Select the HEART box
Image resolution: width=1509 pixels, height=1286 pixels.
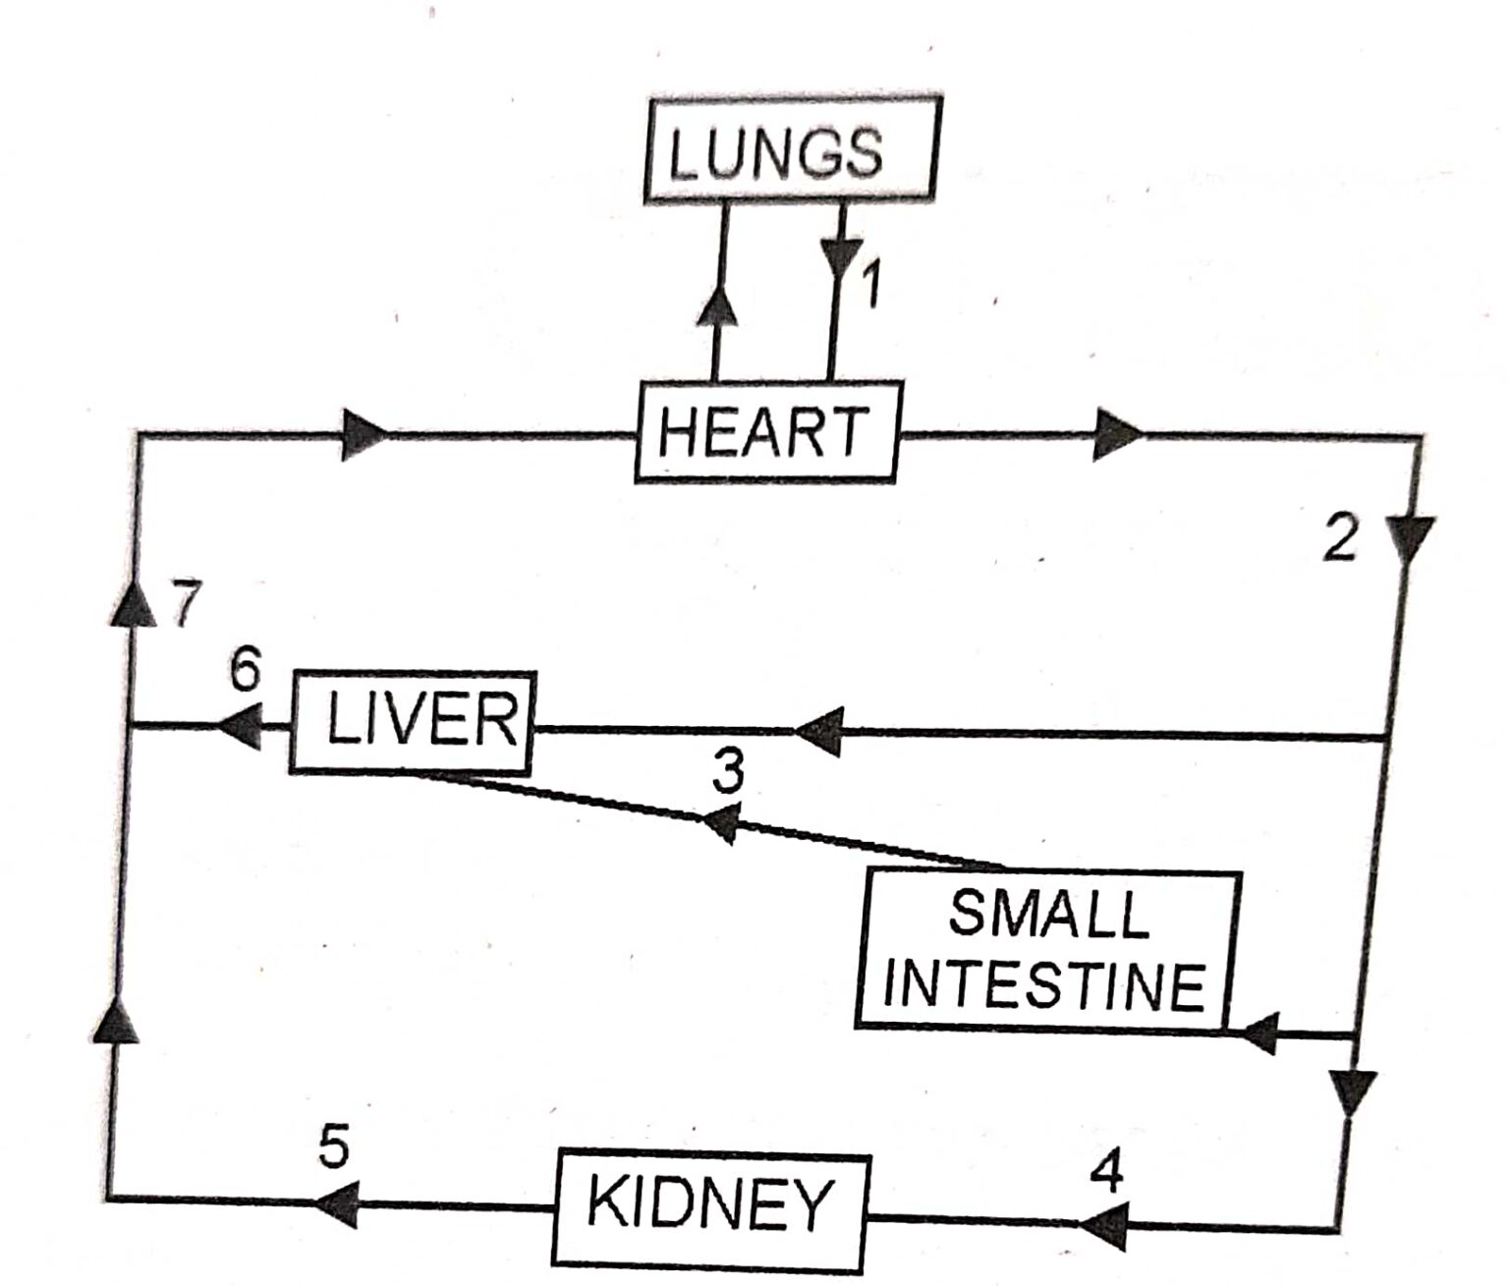click(765, 431)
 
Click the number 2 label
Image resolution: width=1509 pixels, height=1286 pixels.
click(1339, 538)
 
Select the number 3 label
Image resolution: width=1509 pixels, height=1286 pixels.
click(728, 772)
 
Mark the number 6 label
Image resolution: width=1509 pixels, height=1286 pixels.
click(246, 671)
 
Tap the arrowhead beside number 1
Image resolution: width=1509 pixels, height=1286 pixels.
click(841, 257)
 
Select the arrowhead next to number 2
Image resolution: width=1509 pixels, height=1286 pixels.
click(1411, 538)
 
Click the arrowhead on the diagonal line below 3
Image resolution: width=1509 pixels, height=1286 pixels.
click(721, 822)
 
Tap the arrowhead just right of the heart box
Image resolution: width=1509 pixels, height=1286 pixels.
click(1117, 433)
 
